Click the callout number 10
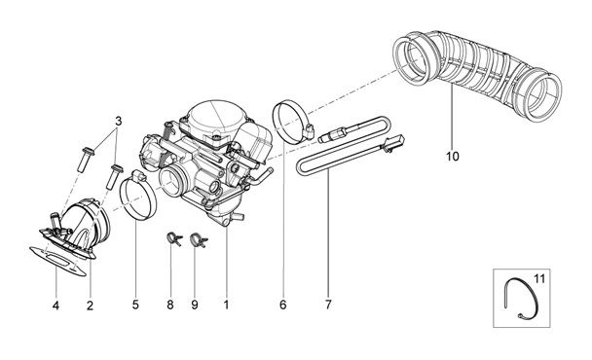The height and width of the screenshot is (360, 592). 453,156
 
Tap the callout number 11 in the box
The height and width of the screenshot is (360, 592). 539,279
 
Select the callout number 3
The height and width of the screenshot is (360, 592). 119,122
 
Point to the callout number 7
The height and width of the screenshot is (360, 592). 328,305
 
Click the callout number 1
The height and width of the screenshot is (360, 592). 226,305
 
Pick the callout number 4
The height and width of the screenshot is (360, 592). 55,305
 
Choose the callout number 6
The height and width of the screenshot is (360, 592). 283,305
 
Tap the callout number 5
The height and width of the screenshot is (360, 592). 135,305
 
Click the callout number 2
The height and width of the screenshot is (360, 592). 90,305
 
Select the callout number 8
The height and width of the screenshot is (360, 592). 170,305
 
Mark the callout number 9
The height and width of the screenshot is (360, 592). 195,305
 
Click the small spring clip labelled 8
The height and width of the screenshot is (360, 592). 174,238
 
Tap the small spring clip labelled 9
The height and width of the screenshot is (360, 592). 199,239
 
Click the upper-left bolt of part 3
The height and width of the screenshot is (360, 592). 87,160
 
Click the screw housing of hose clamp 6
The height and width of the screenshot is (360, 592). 311,130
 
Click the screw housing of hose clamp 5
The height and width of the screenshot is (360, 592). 139,175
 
